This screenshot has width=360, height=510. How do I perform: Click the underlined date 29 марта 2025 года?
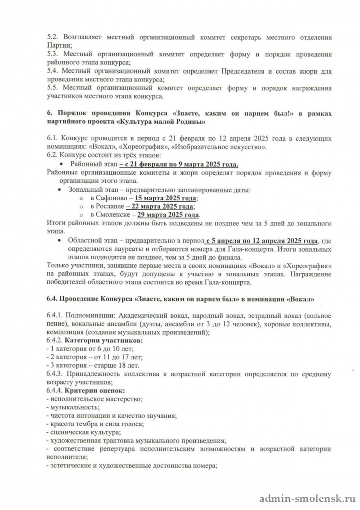169,215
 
